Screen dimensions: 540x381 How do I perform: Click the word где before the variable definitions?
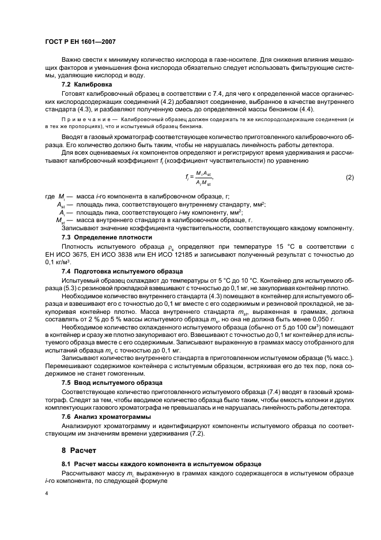click(50, 196)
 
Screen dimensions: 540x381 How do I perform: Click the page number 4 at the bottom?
click(46, 493)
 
